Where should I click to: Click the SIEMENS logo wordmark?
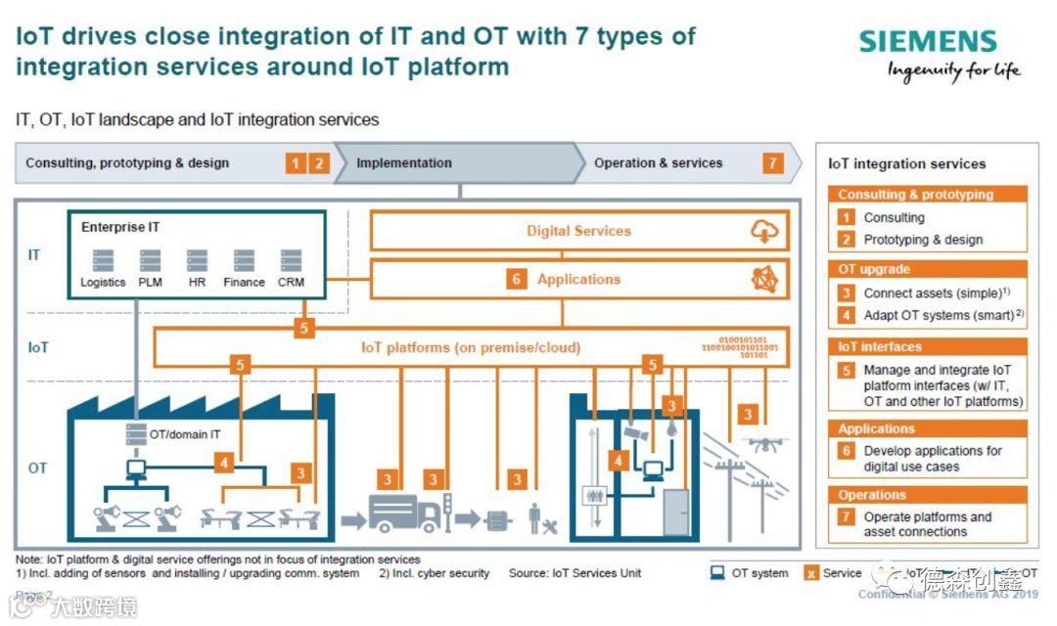click(x=928, y=41)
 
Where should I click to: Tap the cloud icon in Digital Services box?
click(x=764, y=231)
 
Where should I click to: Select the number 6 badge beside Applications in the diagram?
click(x=517, y=280)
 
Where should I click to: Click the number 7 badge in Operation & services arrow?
click(x=773, y=163)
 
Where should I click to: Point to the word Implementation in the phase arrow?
click(x=404, y=163)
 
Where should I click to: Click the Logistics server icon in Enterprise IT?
click(x=103, y=261)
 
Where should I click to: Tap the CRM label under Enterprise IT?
click(x=291, y=283)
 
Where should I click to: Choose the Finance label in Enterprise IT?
click(x=244, y=283)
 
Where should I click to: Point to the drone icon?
click(x=764, y=444)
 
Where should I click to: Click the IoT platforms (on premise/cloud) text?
click(x=471, y=347)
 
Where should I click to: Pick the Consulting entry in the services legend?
click(x=894, y=218)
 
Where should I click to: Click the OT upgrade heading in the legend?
click(x=874, y=269)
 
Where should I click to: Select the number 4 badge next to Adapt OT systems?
click(x=846, y=316)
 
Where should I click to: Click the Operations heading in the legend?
click(x=872, y=495)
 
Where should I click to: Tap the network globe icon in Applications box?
click(x=764, y=280)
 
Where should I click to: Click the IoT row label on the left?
click(x=37, y=347)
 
